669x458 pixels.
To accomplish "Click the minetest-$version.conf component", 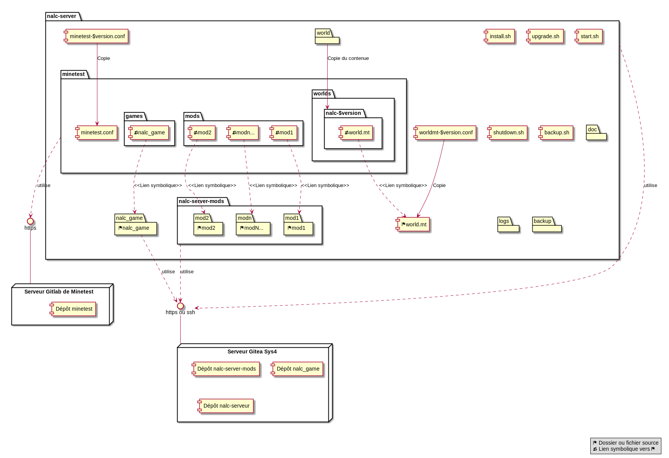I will pyautogui.click(x=97, y=36).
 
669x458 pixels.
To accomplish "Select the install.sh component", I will pyautogui.click(x=500, y=36).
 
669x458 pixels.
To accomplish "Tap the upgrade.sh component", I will pyautogui.click(x=545, y=36).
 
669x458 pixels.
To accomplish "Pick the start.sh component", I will pyautogui.click(x=589, y=36).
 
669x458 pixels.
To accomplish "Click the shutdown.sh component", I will pyautogui.click(x=508, y=132).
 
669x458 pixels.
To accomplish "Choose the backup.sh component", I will pyautogui.click(x=556, y=132).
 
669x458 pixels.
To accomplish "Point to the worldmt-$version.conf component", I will pyautogui.click(x=445, y=132).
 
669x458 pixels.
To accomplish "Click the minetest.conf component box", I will pyautogui.click(x=97, y=132).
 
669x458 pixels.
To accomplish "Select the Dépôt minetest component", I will pyautogui.click(x=73, y=309).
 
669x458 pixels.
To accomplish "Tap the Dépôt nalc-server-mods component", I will pyautogui.click(x=226, y=369).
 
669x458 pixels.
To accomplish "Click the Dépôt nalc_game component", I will pyautogui.click(x=297, y=369).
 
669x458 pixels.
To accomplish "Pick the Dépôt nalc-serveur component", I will pyautogui.click(x=226, y=406).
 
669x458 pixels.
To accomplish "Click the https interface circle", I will pyautogui.click(x=30, y=221).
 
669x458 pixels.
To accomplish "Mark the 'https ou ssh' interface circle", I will pyautogui.click(x=180, y=306).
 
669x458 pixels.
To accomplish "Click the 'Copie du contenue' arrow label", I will pyautogui.click(x=348, y=58).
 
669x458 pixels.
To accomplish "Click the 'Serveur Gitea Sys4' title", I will pyautogui.click(x=252, y=352).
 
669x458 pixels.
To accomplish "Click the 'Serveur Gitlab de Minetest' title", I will pyautogui.click(x=59, y=292).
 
